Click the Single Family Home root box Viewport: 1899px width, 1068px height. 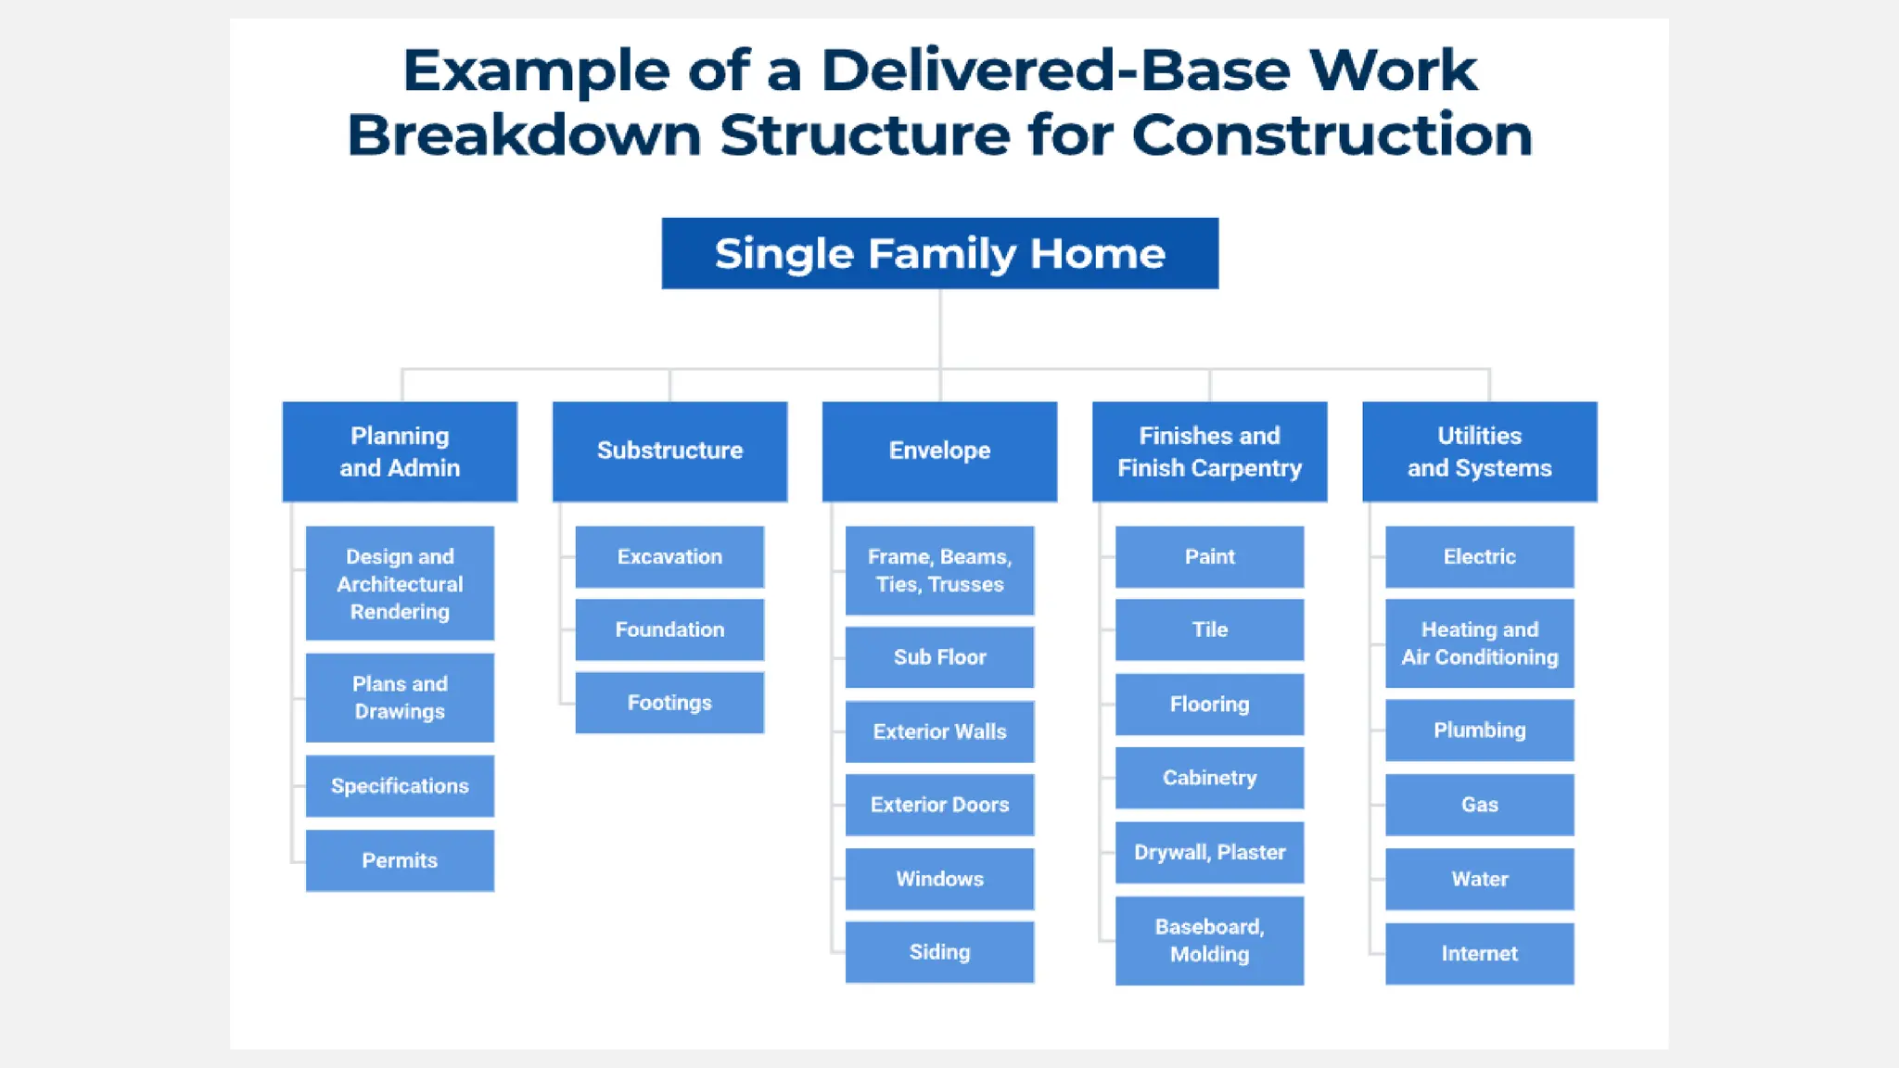[x=939, y=253]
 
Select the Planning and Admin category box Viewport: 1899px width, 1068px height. [x=400, y=451]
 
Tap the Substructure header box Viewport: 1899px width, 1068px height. [x=669, y=451]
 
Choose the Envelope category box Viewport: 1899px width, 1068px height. [x=939, y=451]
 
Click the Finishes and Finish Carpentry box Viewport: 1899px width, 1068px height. [x=1209, y=451]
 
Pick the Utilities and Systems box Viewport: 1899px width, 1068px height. [x=1479, y=451]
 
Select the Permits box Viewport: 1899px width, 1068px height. [x=400, y=860]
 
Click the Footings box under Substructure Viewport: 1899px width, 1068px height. [x=669, y=703]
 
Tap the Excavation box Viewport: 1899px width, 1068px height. [x=669, y=557]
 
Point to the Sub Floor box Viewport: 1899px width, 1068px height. [x=939, y=657]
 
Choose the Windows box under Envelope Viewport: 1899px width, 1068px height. [x=939, y=879]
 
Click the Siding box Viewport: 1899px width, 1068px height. [x=939, y=952]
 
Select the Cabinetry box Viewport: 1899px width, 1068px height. [x=1209, y=778]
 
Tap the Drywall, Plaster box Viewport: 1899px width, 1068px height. [x=1209, y=852]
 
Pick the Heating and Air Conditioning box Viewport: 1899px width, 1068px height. [x=1479, y=643]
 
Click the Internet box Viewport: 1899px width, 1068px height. [x=1479, y=953]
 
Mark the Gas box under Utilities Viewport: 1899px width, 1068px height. [x=1479, y=805]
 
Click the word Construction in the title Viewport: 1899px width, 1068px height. [x=1332, y=135]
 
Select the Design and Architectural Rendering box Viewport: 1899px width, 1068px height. [x=400, y=583]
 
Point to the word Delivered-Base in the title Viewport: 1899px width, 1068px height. [x=1055, y=70]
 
